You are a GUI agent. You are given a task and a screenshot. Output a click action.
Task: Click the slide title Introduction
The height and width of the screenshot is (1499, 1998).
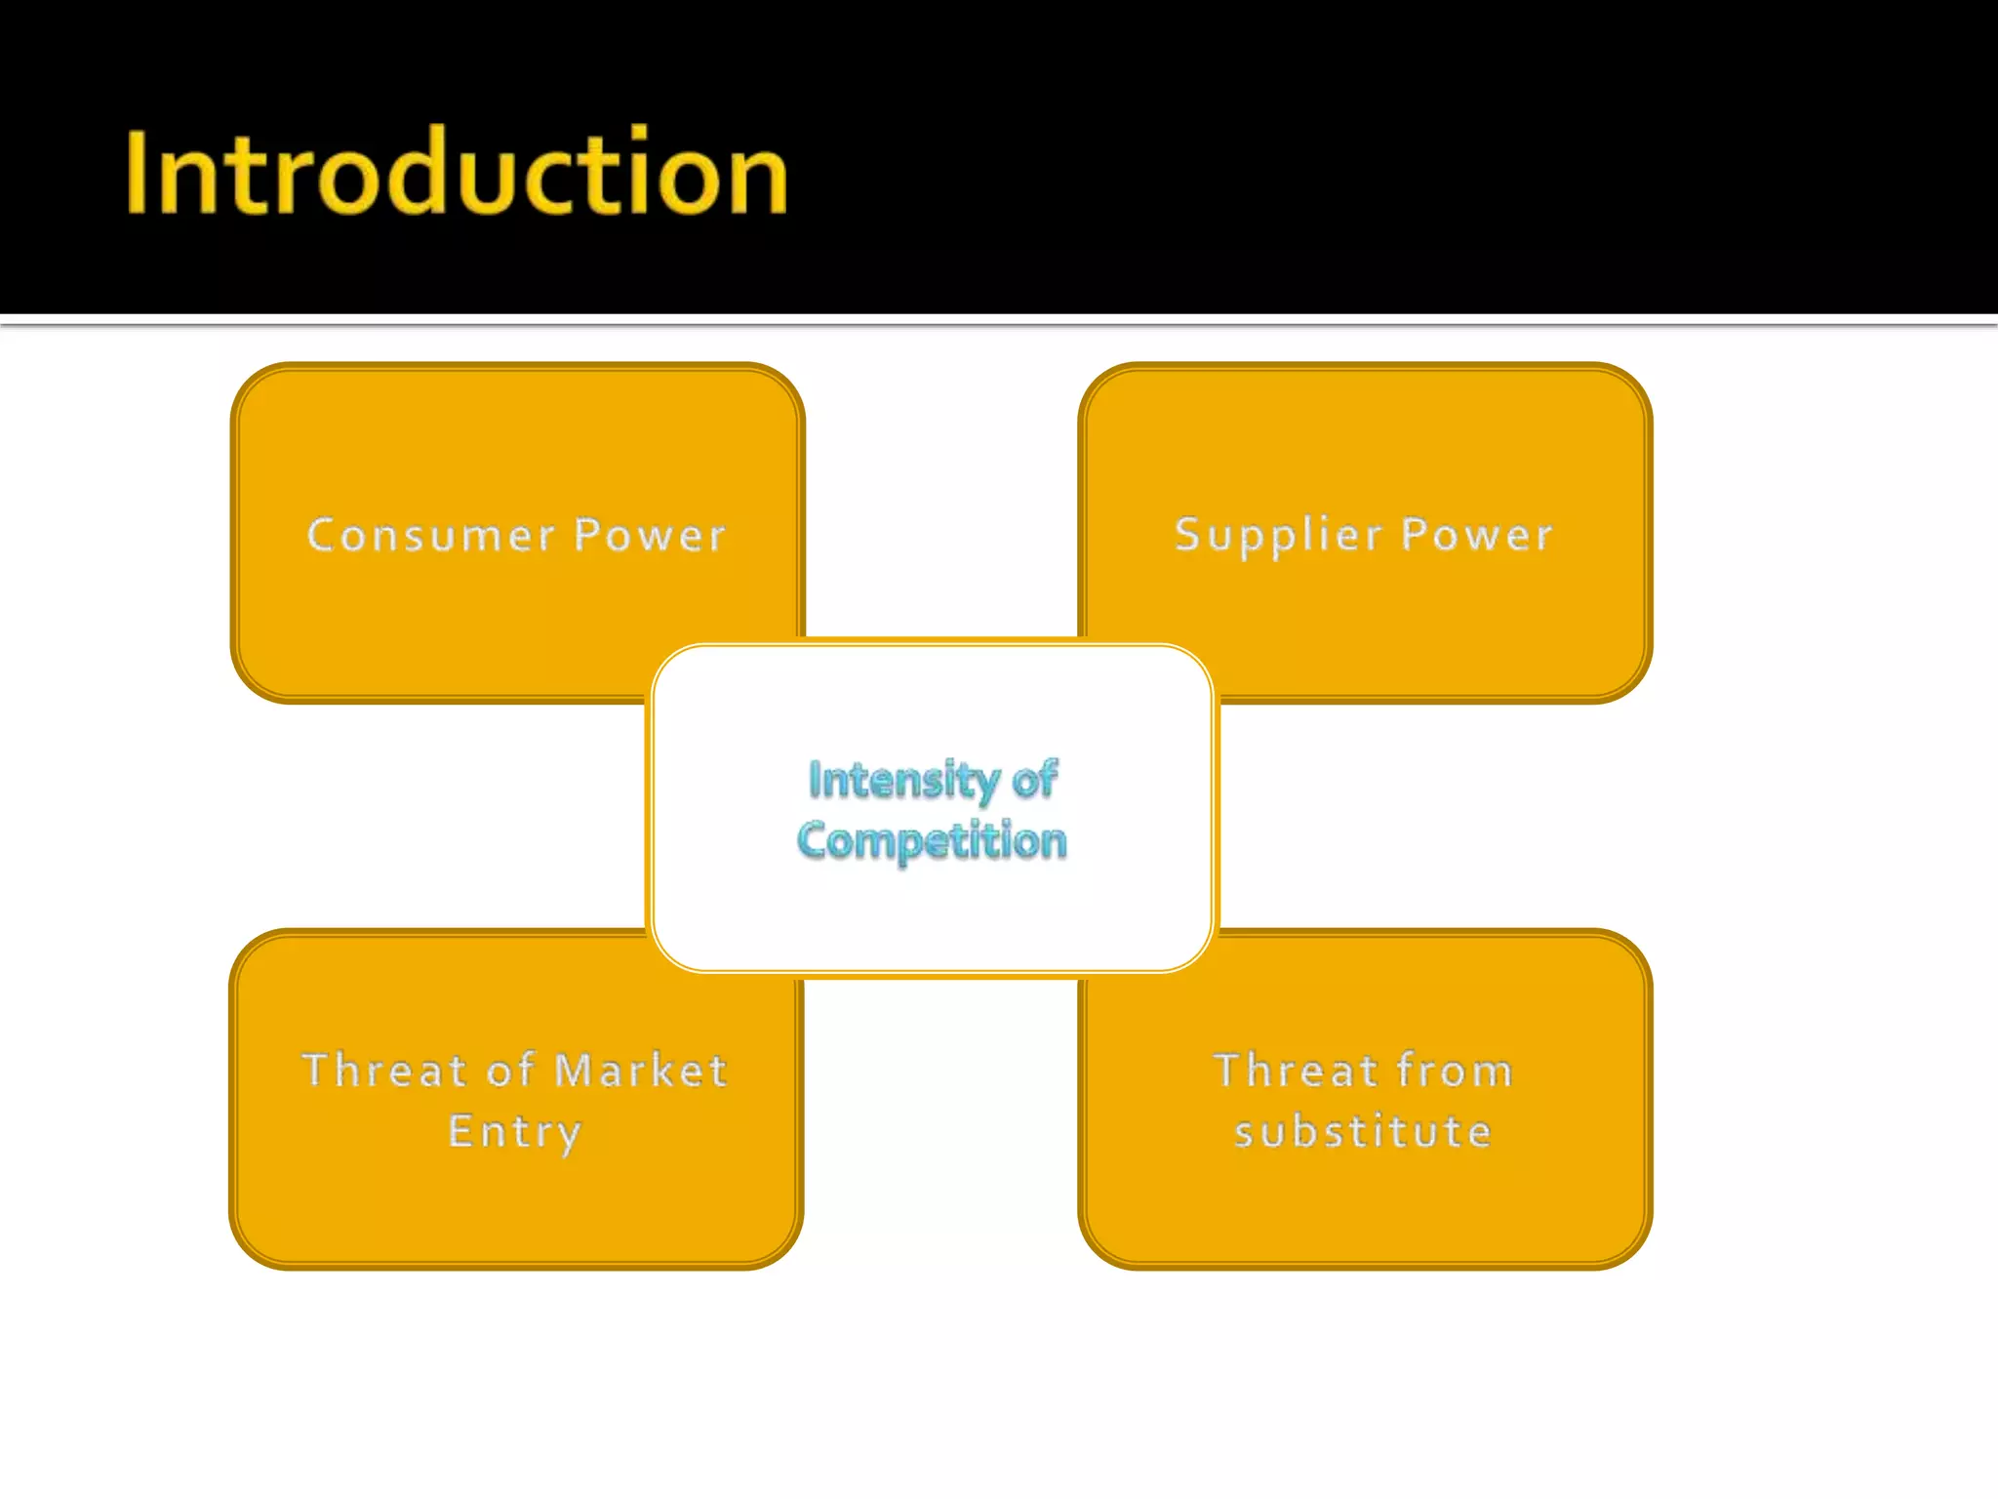tap(456, 173)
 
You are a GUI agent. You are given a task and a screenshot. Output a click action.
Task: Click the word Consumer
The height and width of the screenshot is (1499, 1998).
tap(430, 535)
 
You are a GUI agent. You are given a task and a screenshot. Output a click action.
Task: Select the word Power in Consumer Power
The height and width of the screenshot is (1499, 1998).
tap(650, 535)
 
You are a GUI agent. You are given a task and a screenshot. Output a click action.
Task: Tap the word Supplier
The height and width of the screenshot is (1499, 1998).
tap(1279, 536)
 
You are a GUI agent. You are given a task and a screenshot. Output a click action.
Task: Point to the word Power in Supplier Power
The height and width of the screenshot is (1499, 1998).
tap(1477, 535)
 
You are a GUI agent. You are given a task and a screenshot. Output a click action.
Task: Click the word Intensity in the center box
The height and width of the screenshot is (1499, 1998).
tap(903, 780)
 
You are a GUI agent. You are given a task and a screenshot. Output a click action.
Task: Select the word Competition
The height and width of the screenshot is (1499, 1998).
tap(932, 841)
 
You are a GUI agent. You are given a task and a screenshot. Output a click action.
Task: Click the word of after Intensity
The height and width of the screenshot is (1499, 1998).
tap(1034, 780)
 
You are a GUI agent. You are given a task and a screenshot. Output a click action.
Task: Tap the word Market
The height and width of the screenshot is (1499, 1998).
tap(641, 1071)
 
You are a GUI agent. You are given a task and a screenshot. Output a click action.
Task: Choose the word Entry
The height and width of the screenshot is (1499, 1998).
tap(515, 1132)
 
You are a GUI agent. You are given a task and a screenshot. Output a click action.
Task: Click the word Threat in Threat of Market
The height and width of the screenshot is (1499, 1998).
tap(384, 1071)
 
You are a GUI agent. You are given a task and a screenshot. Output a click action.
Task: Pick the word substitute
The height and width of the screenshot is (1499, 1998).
tap(1363, 1132)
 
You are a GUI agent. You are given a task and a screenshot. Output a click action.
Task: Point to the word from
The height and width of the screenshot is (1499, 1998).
tap(1455, 1071)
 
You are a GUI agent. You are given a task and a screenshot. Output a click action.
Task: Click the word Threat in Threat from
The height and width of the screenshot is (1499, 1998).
tap(1296, 1071)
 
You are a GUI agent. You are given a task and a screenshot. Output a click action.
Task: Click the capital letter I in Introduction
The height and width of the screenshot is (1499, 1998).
tap(138, 173)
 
